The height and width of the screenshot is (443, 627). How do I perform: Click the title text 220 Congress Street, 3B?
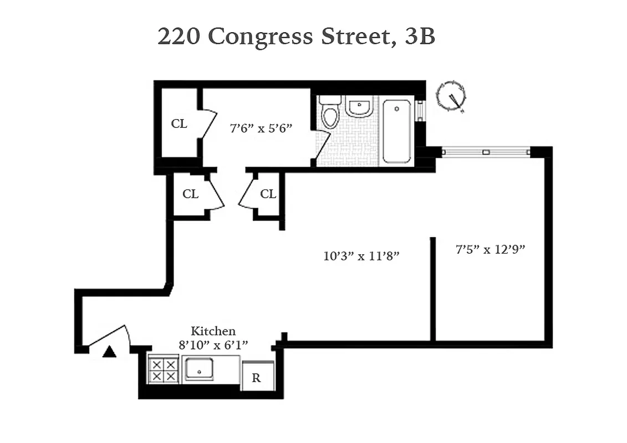(296, 37)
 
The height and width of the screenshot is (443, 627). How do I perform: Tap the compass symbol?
(451, 97)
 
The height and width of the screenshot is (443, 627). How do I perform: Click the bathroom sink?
(359, 106)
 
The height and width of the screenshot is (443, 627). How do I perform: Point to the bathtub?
(397, 131)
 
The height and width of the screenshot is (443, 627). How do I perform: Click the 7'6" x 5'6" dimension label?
(261, 128)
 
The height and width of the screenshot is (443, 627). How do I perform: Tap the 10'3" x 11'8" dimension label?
(361, 256)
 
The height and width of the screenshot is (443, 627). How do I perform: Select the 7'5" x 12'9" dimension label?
(490, 249)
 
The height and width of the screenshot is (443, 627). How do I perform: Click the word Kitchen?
(213, 331)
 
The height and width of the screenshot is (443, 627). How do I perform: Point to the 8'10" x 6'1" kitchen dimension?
(213, 344)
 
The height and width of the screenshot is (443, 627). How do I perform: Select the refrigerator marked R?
(257, 378)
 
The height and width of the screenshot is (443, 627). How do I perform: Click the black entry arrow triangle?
(110, 352)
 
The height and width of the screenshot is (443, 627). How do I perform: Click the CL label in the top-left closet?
(179, 123)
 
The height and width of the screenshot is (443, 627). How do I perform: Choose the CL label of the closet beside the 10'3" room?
(268, 194)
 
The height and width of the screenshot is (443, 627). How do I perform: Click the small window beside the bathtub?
(420, 110)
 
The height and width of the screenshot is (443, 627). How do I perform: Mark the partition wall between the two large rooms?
(432, 288)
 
